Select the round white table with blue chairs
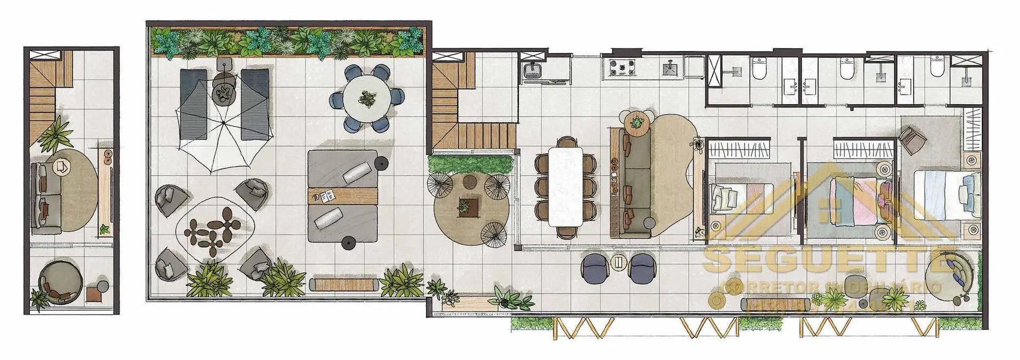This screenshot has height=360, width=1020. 366,99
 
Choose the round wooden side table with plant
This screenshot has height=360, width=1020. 637,122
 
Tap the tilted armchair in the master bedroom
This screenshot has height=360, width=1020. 913,141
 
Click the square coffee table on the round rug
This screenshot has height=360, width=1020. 465,207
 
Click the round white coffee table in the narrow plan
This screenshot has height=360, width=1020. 62,166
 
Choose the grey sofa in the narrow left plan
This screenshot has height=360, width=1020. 44,197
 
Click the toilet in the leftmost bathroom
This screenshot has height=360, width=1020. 759,69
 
